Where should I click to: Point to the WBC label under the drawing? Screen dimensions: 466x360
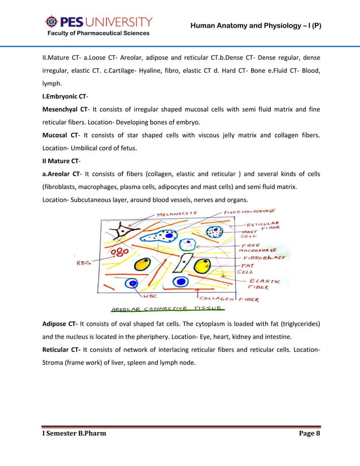click(150, 296)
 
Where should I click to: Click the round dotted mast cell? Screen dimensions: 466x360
click(215, 231)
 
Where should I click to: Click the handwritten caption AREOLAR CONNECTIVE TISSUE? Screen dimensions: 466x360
click(168, 309)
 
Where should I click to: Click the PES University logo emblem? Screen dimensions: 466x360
click(51, 22)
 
